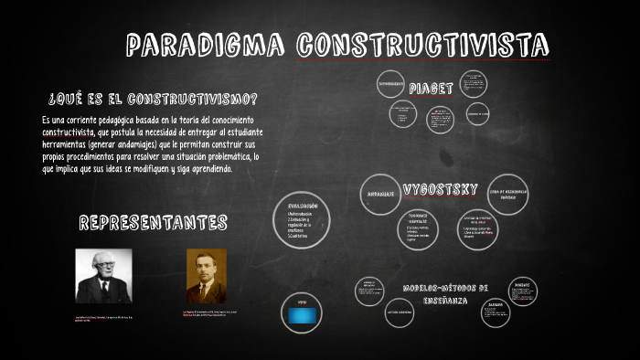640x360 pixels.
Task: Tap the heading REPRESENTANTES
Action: pyautogui.click(x=153, y=222)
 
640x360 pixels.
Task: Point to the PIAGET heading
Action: pyautogui.click(x=431, y=89)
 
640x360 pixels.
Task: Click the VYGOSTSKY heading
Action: pyautogui.click(x=440, y=189)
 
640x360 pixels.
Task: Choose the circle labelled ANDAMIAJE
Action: pyautogui.click(x=380, y=195)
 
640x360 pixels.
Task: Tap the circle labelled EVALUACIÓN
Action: pyautogui.click(x=303, y=218)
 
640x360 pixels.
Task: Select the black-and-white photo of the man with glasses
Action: pyautogui.click(x=103, y=276)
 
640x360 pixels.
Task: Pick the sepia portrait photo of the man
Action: pyautogui.click(x=206, y=276)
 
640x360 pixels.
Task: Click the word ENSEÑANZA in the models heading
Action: pyautogui.click(x=445, y=300)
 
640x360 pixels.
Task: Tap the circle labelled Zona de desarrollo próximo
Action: pyautogui.click(x=509, y=194)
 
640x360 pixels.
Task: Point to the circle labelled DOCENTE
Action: pyautogui.click(x=522, y=291)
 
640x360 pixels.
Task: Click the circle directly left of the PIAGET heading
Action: pyautogui.click(x=390, y=84)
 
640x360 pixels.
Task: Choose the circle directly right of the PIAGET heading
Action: pyautogui.click(x=473, y=85)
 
